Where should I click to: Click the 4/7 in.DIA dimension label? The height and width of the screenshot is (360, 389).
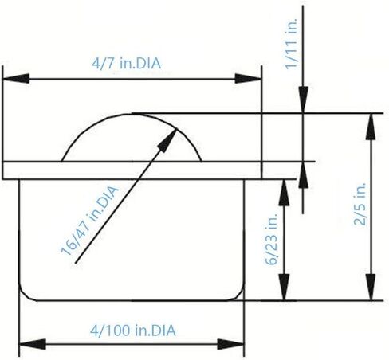(x=126, y=64)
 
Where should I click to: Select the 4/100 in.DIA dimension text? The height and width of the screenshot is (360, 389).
(x=133, y=331)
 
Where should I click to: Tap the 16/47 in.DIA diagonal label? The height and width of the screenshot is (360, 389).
(x=89, y=221)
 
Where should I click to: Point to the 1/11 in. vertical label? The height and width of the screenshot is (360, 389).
(x=291, y=44)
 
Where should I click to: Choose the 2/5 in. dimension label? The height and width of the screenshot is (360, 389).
(x=360, y=204)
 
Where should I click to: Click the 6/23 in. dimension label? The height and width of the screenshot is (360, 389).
(x=271, y=239)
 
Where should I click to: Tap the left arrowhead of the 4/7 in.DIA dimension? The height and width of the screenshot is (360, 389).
(x=16, y=79)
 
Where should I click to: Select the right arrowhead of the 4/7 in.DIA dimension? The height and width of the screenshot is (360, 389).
(x=248, y=79)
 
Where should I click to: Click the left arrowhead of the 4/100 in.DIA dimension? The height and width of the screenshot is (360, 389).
(x=33, y=344)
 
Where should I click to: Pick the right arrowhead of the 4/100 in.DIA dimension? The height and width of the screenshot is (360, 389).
(x=230, y=344)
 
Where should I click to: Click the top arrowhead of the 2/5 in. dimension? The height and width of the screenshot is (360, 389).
(x=371, y=127)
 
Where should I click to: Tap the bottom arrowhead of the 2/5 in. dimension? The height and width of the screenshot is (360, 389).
(x=371, y=288)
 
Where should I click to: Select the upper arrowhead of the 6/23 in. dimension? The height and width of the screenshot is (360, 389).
(x=284, y=193)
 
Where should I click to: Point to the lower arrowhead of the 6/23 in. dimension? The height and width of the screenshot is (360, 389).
(x=284, y=288)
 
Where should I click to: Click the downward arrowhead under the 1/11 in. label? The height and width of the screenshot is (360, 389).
(x=303, y=100)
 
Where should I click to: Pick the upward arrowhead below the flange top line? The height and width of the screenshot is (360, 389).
(x=303, y=175)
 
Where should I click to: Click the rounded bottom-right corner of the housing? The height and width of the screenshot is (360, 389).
(x=237, y=294)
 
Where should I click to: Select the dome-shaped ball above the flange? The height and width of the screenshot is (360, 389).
(x=132, y=114)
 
